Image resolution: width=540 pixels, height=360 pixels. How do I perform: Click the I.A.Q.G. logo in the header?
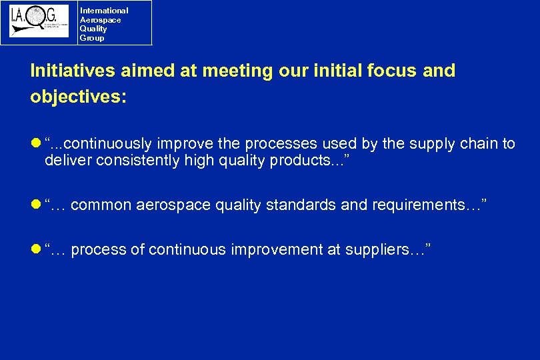[x=39, y=22]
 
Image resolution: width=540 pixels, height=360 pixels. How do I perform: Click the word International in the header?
[x=104, y=11]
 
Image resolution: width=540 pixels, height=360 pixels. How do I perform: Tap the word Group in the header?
[x=92, y=38]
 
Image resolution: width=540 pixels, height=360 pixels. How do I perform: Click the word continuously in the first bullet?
[x=110, y=144]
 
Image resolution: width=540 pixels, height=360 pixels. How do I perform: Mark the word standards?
[x=303, y=205]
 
